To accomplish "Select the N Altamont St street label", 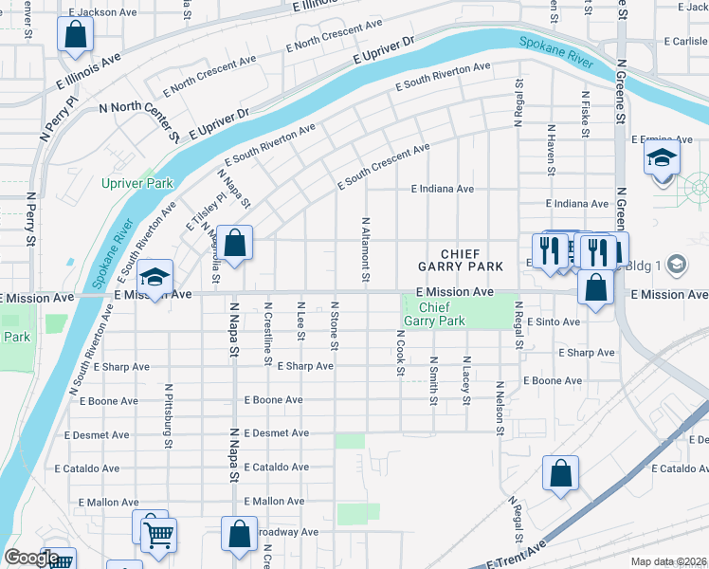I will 365,248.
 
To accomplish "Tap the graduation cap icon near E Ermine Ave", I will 662,157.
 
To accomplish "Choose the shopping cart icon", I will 157,534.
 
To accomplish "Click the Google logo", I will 30,558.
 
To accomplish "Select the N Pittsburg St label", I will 169,415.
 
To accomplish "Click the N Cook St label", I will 399,353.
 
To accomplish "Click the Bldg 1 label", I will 645,263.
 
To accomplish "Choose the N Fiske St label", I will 586,116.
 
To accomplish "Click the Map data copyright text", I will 668,561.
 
